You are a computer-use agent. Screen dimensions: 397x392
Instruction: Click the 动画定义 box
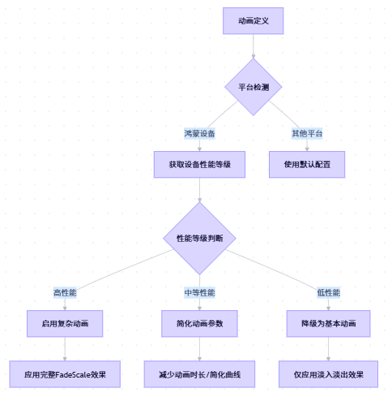pos(253,21)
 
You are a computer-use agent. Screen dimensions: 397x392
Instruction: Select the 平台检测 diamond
pos(253,86)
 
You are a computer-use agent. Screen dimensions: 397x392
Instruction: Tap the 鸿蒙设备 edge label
pos(199,133)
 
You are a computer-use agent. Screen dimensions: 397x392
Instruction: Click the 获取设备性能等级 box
pos(199,164)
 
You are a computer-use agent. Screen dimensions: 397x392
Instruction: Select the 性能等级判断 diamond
pos(199,238)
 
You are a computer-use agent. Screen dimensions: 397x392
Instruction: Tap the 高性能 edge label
pos(65,292)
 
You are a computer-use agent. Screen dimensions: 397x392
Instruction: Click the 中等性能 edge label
pos(199,292)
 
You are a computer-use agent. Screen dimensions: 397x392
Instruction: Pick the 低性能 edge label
pos(328,292)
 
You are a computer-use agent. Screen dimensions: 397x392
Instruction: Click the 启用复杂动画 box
pos(65,323)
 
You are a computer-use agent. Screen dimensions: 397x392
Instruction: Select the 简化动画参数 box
pos(199,323)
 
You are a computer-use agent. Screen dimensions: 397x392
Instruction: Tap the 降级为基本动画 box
pos(328,323)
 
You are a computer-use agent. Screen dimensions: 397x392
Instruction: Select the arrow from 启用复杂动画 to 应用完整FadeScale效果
pos(65,348)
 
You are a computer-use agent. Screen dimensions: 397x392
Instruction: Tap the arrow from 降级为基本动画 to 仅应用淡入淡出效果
pos(328,348)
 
